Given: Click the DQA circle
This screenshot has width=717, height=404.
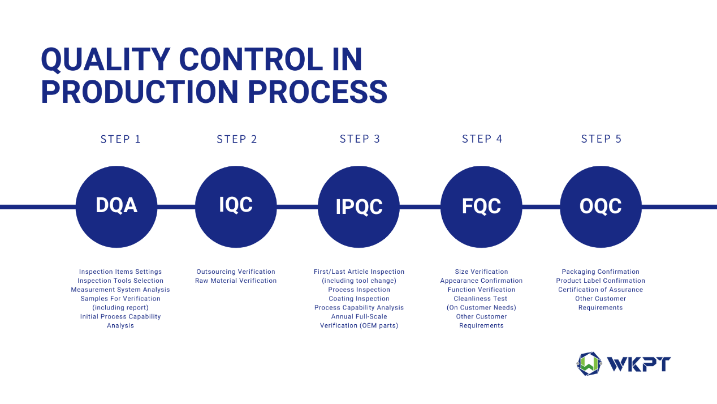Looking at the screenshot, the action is pos(116,207).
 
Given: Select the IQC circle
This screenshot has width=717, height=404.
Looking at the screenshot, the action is pos(236,207).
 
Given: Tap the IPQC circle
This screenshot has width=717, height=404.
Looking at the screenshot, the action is pos(359,207).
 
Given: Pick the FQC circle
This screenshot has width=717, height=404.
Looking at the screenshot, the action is pos(481,207).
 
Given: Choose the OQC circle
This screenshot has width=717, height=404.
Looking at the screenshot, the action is pos(601,207).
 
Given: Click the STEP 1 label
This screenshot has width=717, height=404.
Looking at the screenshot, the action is pos(120,139).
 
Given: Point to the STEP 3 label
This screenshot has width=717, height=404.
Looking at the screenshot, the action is pos(360,139).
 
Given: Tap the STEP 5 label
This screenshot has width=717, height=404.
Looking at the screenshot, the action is pos(601,139).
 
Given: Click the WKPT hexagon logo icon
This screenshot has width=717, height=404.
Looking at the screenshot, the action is pos(589,364).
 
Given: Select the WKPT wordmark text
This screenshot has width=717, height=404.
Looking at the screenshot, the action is pos(639,364).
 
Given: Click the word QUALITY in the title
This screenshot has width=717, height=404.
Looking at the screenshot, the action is pos(106,60).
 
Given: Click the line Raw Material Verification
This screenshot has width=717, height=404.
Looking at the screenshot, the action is pos(236,281).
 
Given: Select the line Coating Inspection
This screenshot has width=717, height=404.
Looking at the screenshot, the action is pos(359,299).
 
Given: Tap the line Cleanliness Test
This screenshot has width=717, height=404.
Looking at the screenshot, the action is pos(481,299).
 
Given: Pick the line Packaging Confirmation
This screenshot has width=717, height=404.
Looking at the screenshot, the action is pos(601,272).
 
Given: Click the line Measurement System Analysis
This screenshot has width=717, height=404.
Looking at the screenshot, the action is pos(120,290).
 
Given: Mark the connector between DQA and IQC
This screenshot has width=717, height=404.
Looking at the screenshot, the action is pos(176,207).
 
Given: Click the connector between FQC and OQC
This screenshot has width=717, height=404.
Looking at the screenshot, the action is pos(541,207).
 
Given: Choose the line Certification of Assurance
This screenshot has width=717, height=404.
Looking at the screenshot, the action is pos(601,290).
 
